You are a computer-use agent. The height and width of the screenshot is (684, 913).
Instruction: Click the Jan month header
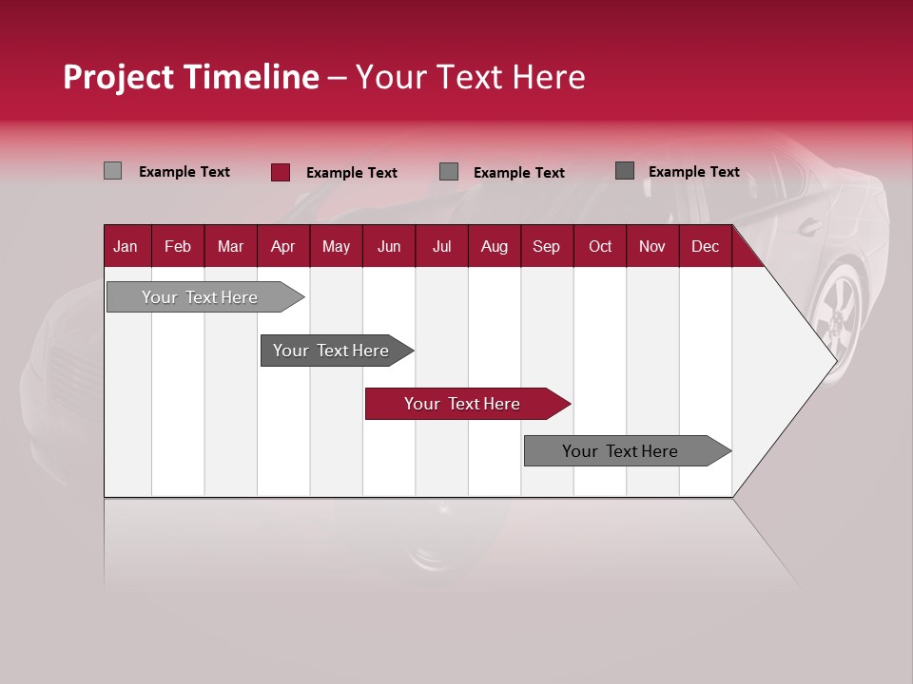126,246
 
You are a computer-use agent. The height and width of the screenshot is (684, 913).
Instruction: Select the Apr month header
282,246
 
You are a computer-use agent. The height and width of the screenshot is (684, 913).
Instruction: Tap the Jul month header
441,246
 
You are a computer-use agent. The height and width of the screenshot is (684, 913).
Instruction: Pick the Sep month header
546,246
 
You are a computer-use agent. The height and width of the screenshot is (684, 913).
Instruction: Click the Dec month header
705,246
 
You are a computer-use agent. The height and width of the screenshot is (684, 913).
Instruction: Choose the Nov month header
651,246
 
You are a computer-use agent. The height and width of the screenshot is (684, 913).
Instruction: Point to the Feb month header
178,246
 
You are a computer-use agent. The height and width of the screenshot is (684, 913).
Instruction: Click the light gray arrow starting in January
201,297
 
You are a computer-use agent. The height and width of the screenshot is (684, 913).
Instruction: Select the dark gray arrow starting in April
332,351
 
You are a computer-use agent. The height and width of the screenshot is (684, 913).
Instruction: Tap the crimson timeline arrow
463,404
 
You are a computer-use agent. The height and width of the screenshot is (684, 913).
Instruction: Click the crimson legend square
280,172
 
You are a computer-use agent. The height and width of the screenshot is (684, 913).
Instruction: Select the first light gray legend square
112,171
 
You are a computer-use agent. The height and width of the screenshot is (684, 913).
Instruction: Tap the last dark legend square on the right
624,171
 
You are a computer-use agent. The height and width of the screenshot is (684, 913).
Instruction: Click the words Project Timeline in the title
190,77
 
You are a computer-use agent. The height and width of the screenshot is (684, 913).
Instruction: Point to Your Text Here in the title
470,77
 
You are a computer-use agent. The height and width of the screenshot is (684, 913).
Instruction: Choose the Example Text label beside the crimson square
351,173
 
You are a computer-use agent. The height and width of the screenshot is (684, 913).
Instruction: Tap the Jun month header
389,246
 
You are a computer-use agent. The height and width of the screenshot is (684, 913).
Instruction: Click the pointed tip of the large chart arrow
833,360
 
